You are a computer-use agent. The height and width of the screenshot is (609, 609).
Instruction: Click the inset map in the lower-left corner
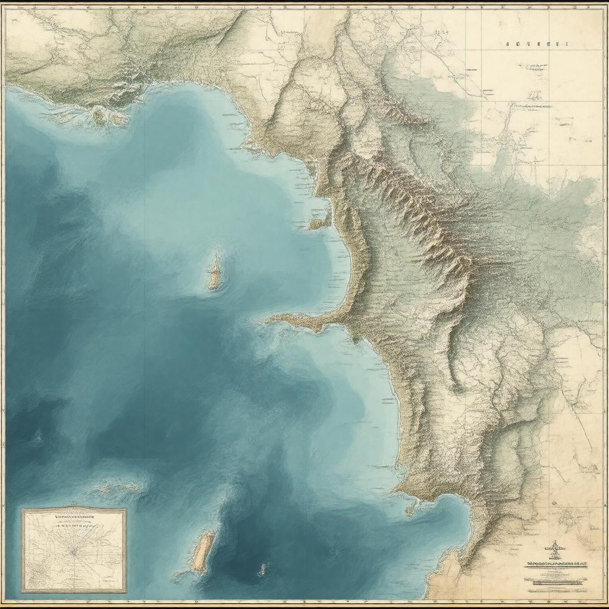(74, 550)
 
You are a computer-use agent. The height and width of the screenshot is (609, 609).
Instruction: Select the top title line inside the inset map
(74, 517)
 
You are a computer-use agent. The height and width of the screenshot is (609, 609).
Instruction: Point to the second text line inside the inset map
(74, 526)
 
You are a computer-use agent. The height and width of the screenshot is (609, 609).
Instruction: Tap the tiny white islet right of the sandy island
(263, 570)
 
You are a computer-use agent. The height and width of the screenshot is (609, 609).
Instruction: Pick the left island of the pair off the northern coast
(98, 117)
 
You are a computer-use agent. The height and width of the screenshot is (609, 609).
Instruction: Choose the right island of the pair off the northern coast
(119, 119)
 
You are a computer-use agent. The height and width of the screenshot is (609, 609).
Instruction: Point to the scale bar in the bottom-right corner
(555, 585)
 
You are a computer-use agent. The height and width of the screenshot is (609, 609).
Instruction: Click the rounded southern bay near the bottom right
(440, 517)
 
